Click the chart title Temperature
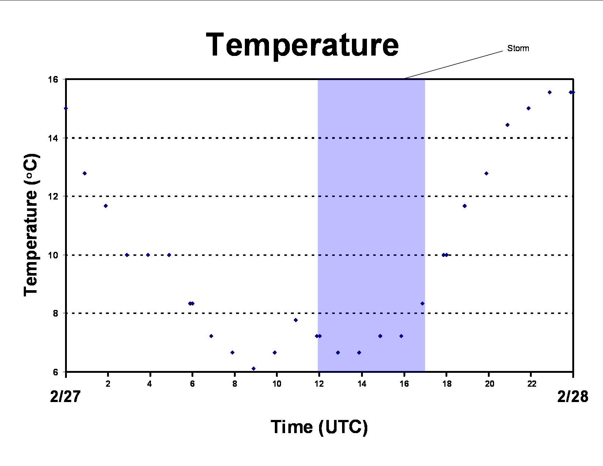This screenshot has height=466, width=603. pos(302,45)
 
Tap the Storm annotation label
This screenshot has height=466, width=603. pos(518,48)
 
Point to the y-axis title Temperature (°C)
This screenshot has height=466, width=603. pos(31,225)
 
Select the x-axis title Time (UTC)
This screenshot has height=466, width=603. pos(319,427)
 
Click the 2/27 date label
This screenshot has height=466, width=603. pos(65,396)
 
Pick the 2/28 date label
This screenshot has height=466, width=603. pos(573,396)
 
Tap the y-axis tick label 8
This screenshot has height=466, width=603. pos(56,313)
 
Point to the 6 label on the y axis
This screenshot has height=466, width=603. pos(56,372)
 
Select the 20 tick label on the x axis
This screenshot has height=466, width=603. pos(489,384)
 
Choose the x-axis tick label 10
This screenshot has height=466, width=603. pos(277,384)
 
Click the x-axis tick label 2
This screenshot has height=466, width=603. pos(108,384)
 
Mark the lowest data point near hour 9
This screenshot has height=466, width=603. pos(253,368)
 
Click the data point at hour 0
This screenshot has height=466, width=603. pos(66,108)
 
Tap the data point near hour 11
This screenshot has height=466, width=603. pos(296,320)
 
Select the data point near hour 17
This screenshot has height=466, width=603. pos(422,304)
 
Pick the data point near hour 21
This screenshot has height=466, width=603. pos(507,125)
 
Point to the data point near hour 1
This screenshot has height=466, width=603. pos(85,174)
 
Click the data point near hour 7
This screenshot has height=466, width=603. pos(211,336)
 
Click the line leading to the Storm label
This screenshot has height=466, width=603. pos(454,65)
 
